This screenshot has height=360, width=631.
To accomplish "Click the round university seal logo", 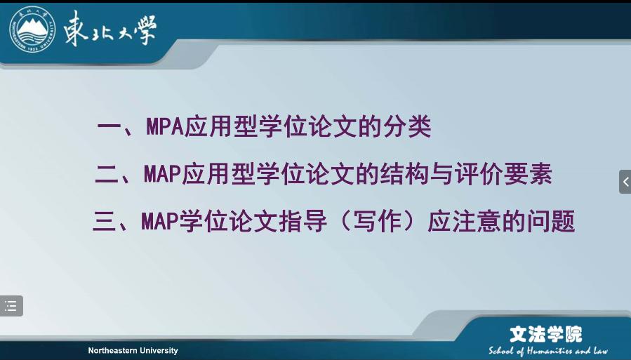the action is [32, 29].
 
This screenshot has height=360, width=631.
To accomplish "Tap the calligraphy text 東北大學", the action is [110, 29].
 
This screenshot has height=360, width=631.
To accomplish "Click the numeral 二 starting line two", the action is [107, 175].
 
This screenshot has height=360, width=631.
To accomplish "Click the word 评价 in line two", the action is [479, 174].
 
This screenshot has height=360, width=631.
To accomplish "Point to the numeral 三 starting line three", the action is [104, 222].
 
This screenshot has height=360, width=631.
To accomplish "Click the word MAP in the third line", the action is [160, 222].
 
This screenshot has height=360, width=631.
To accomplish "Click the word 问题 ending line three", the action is [550, 222].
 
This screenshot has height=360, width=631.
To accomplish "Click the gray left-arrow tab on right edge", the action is [625, 182].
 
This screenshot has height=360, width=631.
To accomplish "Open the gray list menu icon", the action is [11, 306].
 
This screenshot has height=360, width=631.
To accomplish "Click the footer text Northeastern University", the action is [133, 350].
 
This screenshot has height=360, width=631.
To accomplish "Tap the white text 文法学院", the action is [545, 334].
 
